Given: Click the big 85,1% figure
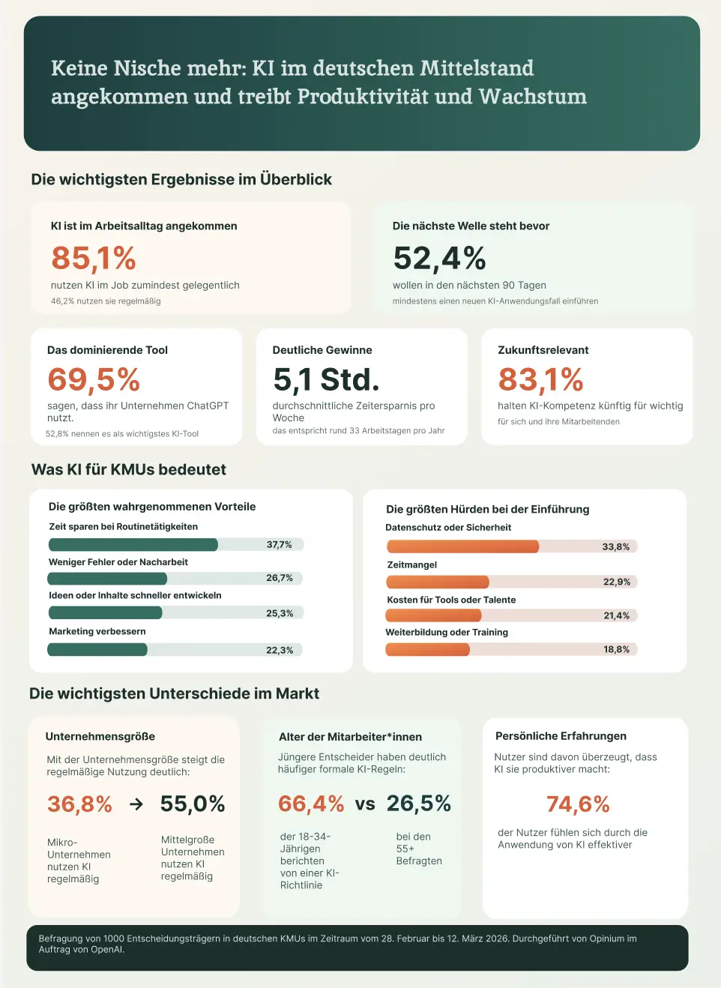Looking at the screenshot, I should pyautogui.click(x=94, y=259).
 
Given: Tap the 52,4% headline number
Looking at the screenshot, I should pyautogui.click(x=439, y=259).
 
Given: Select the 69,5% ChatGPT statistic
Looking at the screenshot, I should pyautogui.click(x=94, y=380).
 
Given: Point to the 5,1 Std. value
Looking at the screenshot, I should pyautogui.click(x=326, y=380).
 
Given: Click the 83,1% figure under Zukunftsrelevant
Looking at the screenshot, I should pyautogui.click(x=540, y=380).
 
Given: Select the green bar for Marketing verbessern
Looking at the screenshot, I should pyautogui.click(x=97, y=649).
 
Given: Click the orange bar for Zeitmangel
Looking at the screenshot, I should pyautogui.click(x=438, y=582).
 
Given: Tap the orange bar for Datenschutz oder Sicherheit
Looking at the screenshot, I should pyautogui.click(x=462, y=546).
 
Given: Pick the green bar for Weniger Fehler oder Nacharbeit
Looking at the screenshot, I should pyautogui.click(x=107, y=578).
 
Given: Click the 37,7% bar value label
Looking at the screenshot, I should pyautogui.click(x=279, y=545).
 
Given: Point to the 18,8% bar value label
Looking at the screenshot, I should pyautogui.click(x=616, y=649).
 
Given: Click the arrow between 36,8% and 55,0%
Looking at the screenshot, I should pyautogui.click(x=136, y=804).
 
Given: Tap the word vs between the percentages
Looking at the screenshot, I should pyautogui.click(x=365, y=804).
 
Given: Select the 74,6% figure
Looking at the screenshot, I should pyautogui.click(x=578, y=804).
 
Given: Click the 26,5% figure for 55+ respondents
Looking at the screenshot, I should pyautogui.click(x=418, y=804).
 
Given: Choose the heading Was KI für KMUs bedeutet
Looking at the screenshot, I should pyautogui.click(x=129, y=470).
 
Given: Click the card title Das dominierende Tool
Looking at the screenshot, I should pyautogui.click(x=107, y=350).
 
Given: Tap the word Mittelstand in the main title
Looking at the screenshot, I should pyautogui.click(x=477, y=68).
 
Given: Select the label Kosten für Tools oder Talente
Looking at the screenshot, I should pyautogui.click(x=451, y=600).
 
